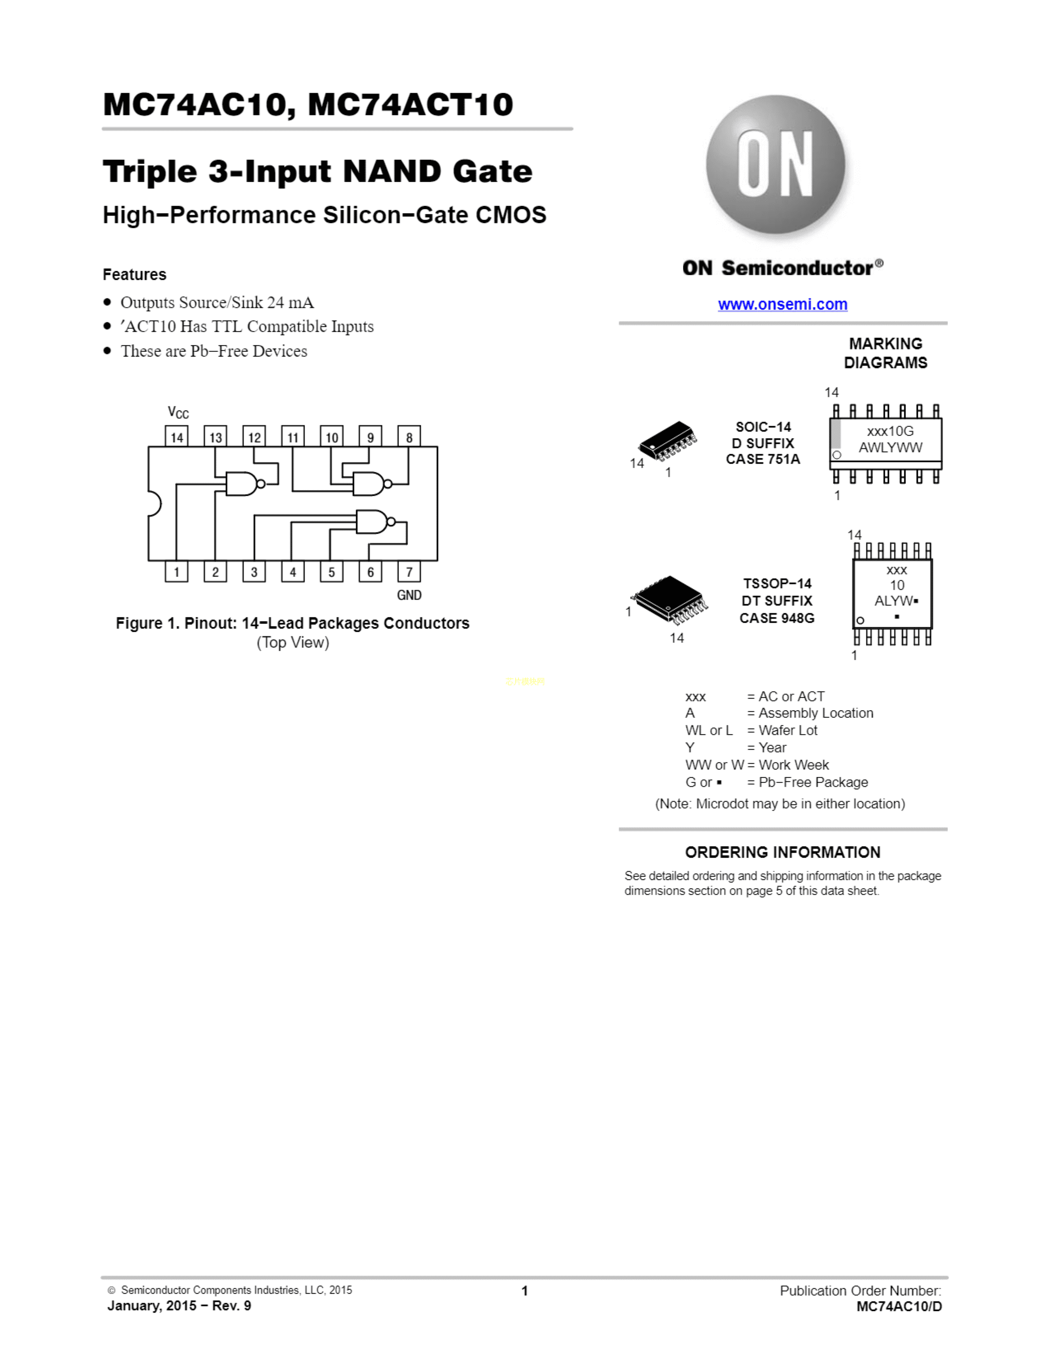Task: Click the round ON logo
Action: [x=775, y=164]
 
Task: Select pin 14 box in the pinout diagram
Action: [x=176, y=436]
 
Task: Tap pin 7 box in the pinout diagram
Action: [x=409, y=572]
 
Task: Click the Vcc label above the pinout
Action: [x=178, y=412]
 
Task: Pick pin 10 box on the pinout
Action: [x=332, y=436]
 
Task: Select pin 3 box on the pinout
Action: [x=254, y=572]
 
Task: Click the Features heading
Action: [x=134, y=274]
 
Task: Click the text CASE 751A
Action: [x=763, y=460]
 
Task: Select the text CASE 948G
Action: [x=777, y=618]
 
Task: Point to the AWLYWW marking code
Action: [x=890, y=447]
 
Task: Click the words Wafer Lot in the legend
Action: [x=788, y=730]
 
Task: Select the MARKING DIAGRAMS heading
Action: [x=885, y=353]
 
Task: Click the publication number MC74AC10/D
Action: [x=899, y=1306]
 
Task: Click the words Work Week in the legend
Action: [x=793, y=764]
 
